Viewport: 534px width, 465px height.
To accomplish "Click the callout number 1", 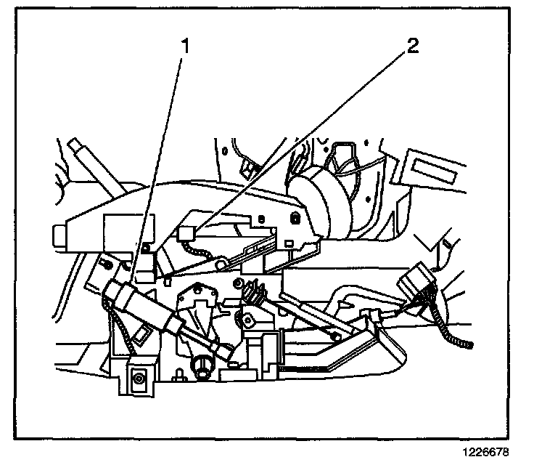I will [185, 48].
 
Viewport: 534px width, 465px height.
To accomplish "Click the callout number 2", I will [413, 48].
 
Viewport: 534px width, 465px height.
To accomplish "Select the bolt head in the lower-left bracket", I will [138, 377].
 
